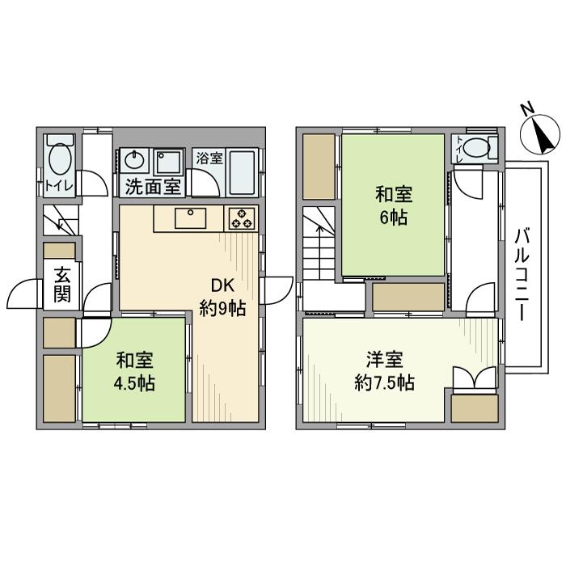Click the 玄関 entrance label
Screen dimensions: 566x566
(x=62, y=285)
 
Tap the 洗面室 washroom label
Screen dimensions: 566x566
(x=153, y=187)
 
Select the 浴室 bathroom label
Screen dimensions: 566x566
(x=209, y=158)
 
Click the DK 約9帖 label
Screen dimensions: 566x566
(x=222, y=297)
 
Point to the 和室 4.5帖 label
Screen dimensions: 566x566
(x=134, y=372)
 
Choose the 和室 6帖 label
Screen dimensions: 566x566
(x=394, y=205)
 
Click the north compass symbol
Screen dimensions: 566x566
(x=540, y=134)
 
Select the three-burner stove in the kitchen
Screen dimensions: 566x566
(x=241, y=219)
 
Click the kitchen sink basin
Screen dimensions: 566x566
(x=190, y=218)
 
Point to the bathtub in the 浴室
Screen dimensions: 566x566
(x=242, y=172)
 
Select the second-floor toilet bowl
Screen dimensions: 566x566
(x=475, y=148)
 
